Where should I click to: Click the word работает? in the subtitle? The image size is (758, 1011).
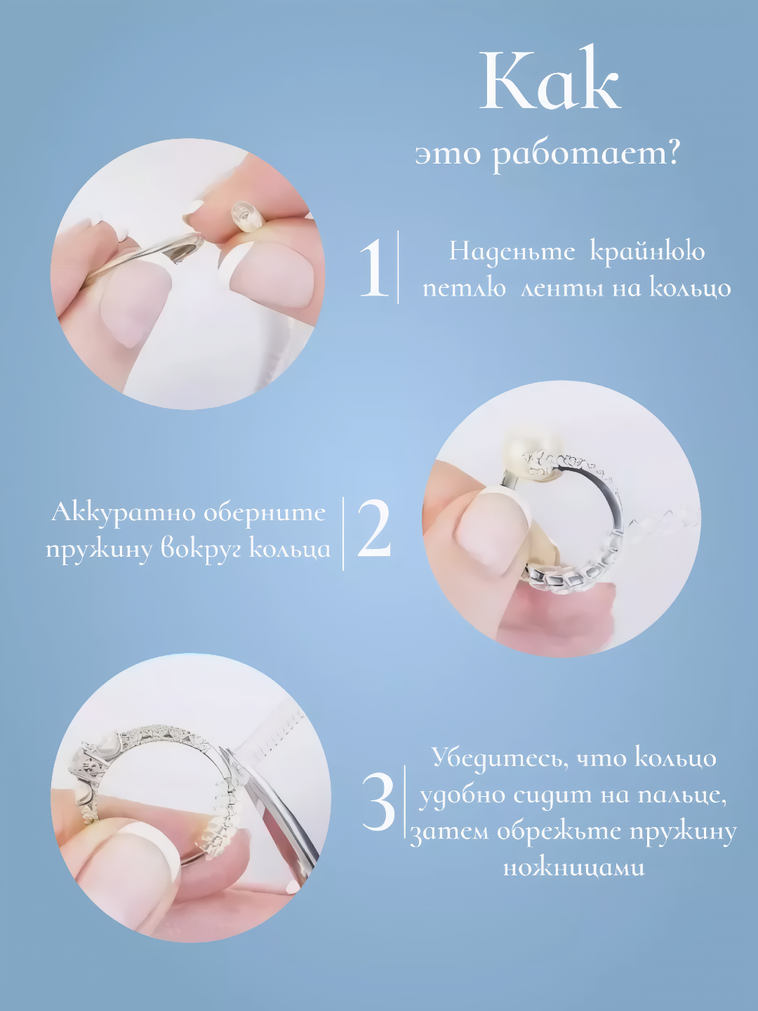pyautogui.click(x=586, y=156)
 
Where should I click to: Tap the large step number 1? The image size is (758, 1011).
pyautogui.click(x=373, y=267)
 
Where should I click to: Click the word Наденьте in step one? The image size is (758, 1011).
pyautogui.click(x=512, y=253)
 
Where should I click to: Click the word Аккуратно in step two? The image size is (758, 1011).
pyautogui.click(x=124, y=513)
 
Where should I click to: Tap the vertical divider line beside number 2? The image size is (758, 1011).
pyautogui.click(x=343, y=534)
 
